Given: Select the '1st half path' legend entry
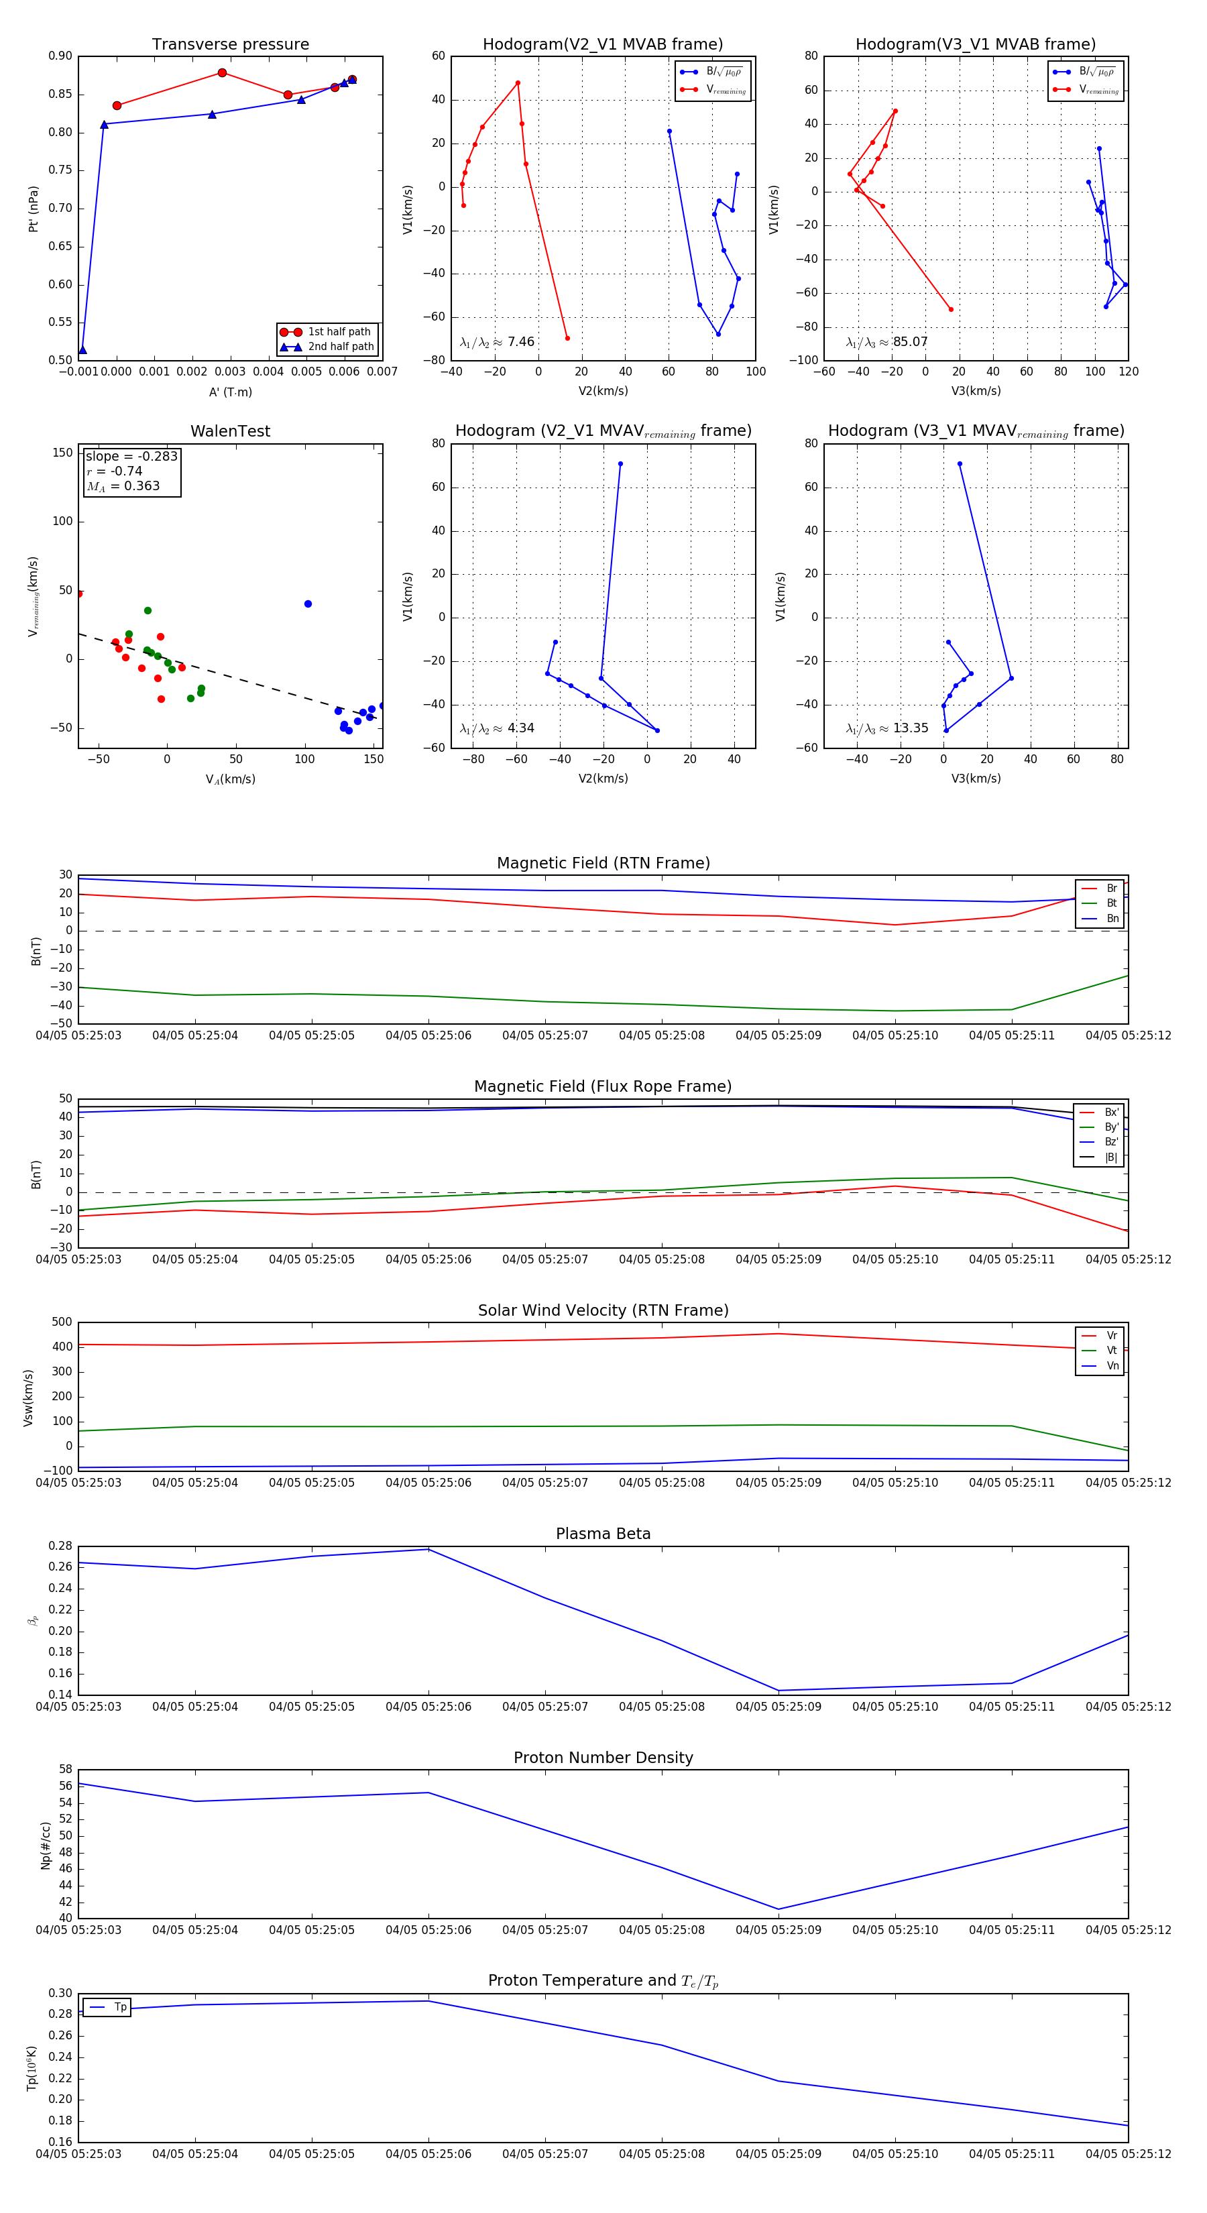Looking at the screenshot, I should [339, 331].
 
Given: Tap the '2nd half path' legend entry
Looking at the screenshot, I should [340, 347].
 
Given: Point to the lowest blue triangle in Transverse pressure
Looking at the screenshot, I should [82, 349].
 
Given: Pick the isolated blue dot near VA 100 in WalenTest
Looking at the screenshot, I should [308, 604].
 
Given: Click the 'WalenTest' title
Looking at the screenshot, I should [230, 431].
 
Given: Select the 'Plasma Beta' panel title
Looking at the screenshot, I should [603, 1534].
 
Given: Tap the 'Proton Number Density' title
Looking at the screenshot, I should [603, 1758].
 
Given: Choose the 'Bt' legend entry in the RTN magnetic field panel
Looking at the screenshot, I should [1112, 903].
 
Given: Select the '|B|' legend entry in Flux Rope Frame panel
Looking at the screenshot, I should [1111, 1157].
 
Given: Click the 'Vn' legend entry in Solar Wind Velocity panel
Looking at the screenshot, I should [1112, 1366].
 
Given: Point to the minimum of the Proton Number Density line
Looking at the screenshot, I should [779, 1909].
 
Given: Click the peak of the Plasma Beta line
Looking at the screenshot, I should [428, 1549].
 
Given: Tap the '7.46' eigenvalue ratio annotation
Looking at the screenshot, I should [520, 342].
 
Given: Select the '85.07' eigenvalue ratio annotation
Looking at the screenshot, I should [910, 342].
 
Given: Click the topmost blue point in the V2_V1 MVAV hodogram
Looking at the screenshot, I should [620, 464].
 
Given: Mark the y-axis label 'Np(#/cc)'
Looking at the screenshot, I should [46, 1846].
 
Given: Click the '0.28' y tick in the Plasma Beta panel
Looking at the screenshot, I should [60, 1546].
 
